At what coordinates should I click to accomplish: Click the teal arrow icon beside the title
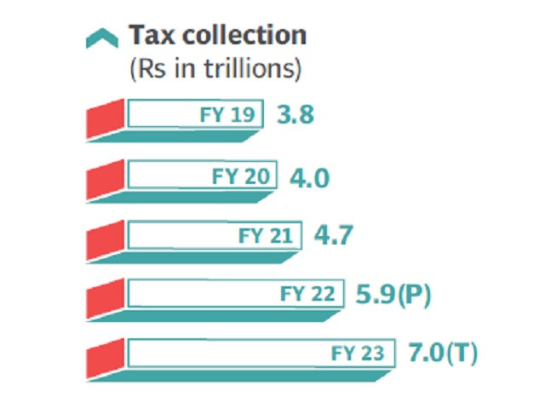[x=102, y=37]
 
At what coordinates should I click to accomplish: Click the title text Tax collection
[x=217, y=35]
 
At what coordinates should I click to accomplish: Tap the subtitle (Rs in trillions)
[x=215, y=69]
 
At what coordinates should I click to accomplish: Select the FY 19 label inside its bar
[x=227, y=114]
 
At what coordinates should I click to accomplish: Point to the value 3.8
[x=295, y=114]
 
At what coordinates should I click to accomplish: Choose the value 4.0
[x=309, y=178]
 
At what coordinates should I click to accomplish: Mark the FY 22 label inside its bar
[x=307, y=294]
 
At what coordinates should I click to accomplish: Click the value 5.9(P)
[x=393, y=295]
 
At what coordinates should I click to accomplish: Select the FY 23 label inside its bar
[x=359, y=352]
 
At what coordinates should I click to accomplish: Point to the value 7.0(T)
[x=440, y=352]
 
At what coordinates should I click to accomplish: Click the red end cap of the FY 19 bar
[x=106, y=120]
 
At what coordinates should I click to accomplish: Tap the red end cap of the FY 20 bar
[x=106, y=181]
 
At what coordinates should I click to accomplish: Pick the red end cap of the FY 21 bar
[x=106, y=240]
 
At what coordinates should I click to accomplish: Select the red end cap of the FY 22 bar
[x=106, y=300]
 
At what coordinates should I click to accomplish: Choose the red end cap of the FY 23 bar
[x=106, y=359]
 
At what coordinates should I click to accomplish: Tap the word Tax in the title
[x=147, y=35]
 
